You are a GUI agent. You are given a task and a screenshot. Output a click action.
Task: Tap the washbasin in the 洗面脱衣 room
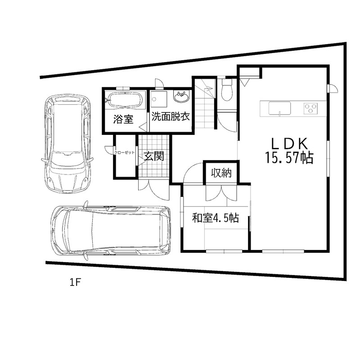click(182, 97)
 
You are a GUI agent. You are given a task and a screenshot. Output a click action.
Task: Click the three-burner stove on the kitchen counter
click(310, 108)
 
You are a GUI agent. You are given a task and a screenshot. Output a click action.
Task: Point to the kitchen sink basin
click(279, 108)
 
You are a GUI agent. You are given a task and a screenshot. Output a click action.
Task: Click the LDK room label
click(289, 144)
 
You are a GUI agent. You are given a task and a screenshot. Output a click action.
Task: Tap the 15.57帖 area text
click(289, 158)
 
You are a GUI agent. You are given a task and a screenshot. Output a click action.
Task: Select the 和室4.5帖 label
click(216, 218)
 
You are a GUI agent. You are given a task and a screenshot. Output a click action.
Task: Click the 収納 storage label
click(221, 173)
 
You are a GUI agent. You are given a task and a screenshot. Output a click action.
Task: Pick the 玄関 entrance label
click(154, 156)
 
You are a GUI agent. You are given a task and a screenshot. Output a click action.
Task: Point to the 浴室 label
click(123, 119)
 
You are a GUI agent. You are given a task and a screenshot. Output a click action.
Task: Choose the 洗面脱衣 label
click(171, 116)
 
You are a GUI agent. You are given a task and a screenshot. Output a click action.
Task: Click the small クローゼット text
click(125, 152)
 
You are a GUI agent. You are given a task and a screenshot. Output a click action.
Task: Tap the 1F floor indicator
click(75, 282)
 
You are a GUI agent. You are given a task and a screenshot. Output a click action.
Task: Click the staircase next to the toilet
click(205, 104)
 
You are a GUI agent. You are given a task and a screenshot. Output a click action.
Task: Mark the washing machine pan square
click(159, 99)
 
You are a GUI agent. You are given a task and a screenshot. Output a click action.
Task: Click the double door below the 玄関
click(154, 189)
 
